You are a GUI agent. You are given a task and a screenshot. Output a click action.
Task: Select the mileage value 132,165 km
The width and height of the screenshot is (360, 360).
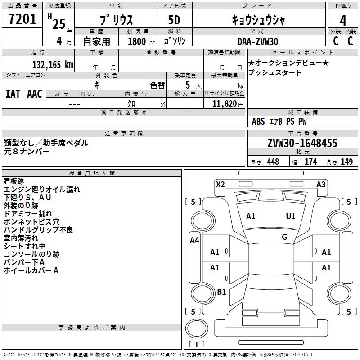[53, 64]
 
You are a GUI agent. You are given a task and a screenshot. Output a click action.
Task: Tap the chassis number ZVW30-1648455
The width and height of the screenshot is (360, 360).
[302, 144]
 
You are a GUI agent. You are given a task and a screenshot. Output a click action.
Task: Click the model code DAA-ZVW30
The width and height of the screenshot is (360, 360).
[258, 41]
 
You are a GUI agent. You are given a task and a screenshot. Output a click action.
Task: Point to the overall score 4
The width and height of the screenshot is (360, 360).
[343, 20]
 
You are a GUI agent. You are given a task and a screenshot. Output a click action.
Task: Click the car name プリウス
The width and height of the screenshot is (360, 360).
[115, 21]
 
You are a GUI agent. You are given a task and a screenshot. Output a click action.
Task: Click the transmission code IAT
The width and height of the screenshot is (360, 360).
[13, 94]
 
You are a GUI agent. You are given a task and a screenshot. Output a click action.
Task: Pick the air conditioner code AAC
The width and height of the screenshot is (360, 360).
[35, 94]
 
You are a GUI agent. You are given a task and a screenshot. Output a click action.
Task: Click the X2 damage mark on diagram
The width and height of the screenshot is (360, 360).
[220, 184]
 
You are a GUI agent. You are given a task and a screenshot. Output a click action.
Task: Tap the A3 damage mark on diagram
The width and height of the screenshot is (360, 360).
[321, 184]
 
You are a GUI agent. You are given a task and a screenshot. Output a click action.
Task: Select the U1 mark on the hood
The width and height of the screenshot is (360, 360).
[291, 216]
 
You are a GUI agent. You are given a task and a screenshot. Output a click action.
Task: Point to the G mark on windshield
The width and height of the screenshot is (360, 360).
[284, 237]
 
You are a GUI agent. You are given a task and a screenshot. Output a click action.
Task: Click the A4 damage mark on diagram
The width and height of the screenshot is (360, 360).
[194, 240]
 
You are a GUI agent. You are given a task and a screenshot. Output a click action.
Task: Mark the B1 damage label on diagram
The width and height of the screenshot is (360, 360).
[221, 292]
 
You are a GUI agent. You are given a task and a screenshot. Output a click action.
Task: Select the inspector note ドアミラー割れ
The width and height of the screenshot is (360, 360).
[28, 214]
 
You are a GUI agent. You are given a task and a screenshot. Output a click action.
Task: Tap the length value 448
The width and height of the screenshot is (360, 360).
[273, 162]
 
